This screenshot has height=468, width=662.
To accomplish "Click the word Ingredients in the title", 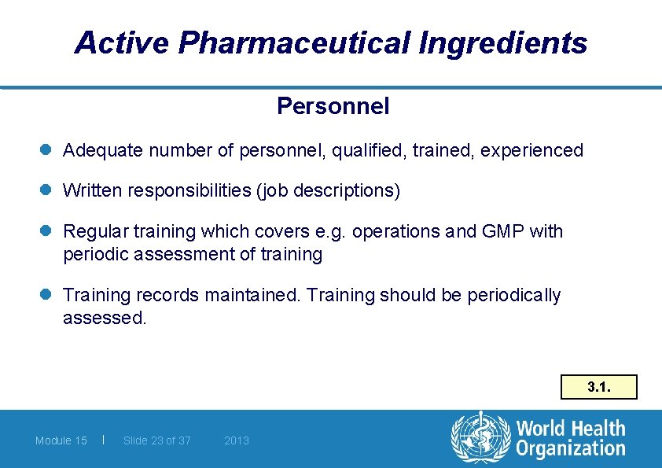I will (503, 42).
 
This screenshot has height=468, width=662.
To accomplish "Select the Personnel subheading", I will (333, 106).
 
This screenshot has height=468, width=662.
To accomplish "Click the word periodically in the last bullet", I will (514, 295).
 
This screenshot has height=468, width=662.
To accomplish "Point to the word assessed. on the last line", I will (105, 319).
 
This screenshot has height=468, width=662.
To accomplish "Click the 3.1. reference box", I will (598, 387).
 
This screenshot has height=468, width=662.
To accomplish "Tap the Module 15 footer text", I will (61, 440).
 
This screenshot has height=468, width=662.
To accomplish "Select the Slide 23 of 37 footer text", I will (157, 440).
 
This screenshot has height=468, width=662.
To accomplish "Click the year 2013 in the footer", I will (237, 440).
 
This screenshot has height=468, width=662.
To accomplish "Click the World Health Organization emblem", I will (479, 438).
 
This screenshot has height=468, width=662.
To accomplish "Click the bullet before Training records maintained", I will (48, 295).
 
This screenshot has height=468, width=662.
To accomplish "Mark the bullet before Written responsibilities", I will (48, 190).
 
